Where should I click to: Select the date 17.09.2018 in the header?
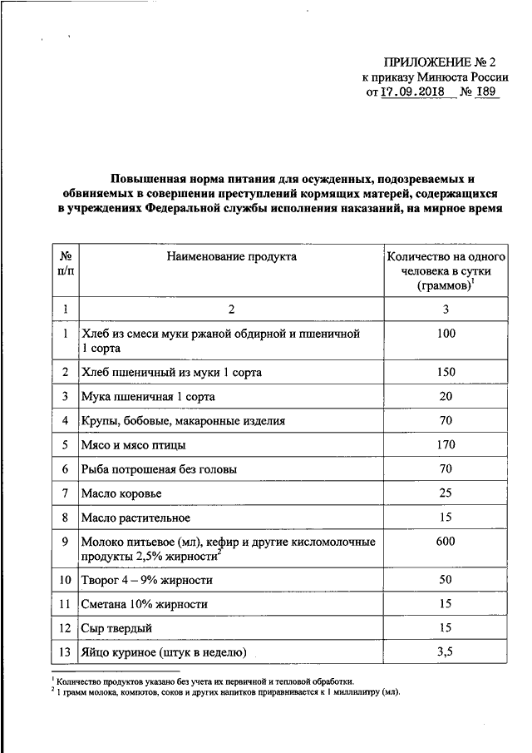coord(413,92)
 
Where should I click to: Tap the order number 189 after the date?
coord(486,92)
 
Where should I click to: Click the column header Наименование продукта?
coord(231,257)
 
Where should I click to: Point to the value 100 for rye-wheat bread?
coord(446,334)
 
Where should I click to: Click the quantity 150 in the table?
coord(446,372)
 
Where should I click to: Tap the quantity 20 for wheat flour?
coord(446,397)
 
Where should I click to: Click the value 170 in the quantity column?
coord(446,445)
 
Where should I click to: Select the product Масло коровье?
coord(121,494)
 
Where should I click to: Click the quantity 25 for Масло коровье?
coord(446,494)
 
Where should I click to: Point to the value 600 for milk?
coord(446,542)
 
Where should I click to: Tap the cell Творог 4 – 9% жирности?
coord(146,580)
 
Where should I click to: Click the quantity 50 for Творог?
coord(446,580)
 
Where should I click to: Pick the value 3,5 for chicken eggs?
coord(446,651)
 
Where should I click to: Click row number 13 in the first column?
coord(64,652)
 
